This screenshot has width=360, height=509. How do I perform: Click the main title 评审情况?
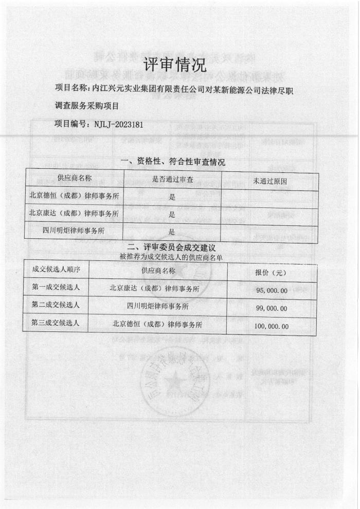click(175, 65)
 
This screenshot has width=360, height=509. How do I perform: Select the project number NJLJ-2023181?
click(117, 125)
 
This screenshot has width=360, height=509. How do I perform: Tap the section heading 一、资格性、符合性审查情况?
click(172, 162)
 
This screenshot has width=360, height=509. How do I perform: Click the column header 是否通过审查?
click(173, 179)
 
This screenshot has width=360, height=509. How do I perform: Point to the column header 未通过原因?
click(269, 181)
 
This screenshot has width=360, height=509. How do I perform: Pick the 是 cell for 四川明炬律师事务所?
click(172, 232)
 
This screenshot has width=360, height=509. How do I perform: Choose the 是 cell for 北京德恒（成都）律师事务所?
click(172, 197)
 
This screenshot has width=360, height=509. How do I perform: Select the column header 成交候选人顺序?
click(56, 269)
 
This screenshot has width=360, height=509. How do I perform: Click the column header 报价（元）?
click(271, 273)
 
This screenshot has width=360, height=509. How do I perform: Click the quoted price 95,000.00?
click(272, 291)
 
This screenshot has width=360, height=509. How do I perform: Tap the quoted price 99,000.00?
click(272, 308)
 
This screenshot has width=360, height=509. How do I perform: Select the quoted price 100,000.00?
click(271, 326)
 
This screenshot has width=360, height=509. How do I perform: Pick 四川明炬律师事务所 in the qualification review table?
click(75, 230)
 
